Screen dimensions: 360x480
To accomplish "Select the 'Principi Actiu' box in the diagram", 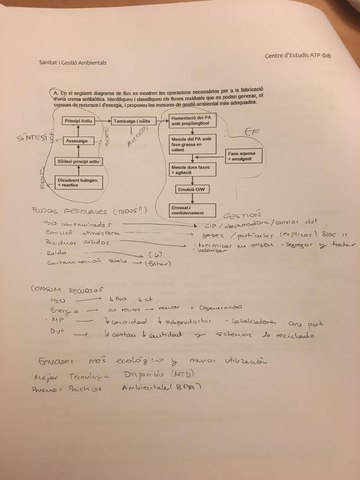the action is [76, 120].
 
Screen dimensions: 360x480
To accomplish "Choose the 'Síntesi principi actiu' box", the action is [75, 159].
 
